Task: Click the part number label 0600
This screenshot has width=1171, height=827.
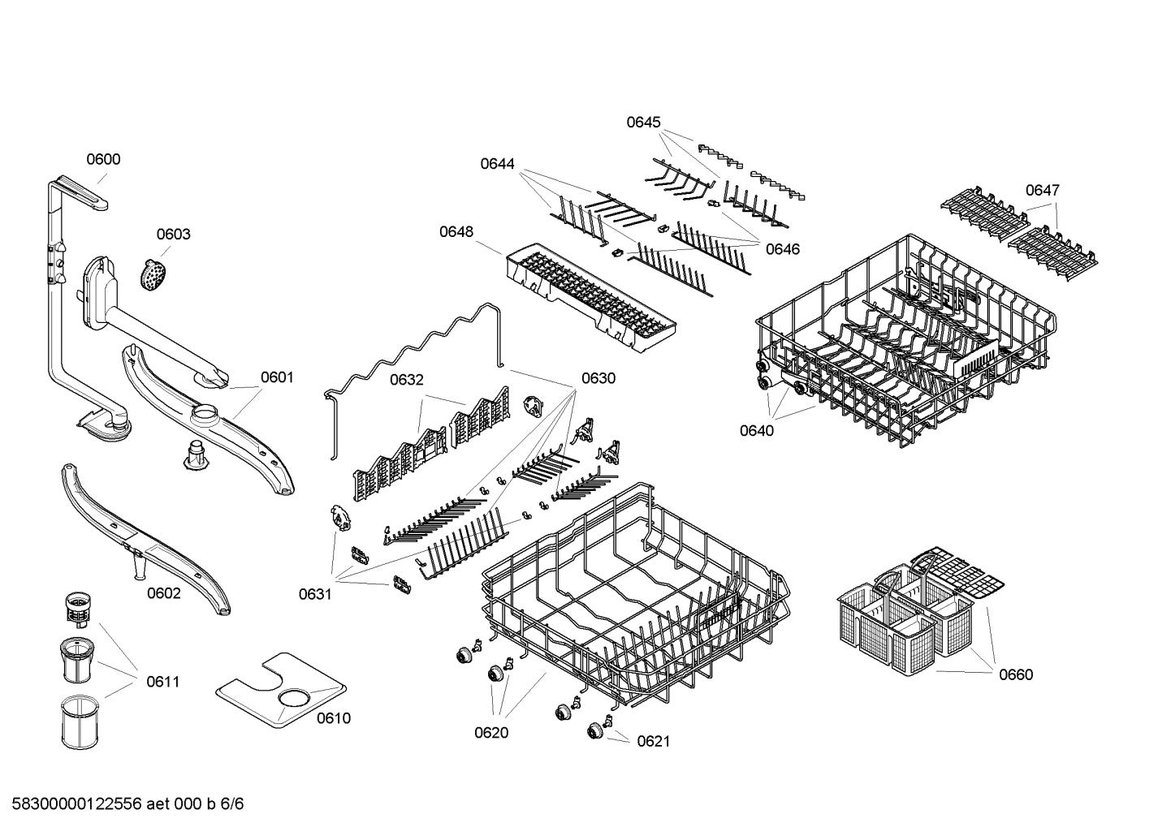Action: click(103, 159)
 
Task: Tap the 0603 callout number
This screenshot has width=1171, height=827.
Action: click(173, 235)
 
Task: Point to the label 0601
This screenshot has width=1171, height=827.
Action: click(277, 377)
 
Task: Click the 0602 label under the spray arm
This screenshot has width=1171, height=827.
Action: click(163, 593)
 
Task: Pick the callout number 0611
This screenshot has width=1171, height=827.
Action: click(162, 682)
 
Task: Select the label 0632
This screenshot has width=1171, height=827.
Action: click(406, 380)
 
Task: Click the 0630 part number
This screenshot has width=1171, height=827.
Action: click(598, 378)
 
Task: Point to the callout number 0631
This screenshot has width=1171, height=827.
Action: click(314, 595)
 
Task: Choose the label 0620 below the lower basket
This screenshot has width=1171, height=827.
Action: click(491, 733)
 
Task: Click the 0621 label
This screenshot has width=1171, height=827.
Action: click(653, 741)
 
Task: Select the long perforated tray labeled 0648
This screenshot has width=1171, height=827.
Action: click(590, 292)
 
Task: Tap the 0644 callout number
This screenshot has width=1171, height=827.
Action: click(497, 164)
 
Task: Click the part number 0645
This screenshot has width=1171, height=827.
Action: click(643, 123)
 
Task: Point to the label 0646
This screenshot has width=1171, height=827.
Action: click(783, 249)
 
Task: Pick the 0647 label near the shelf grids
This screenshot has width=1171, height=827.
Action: click(1042, 190)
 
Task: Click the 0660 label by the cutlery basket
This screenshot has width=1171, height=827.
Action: click(1016, 674)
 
